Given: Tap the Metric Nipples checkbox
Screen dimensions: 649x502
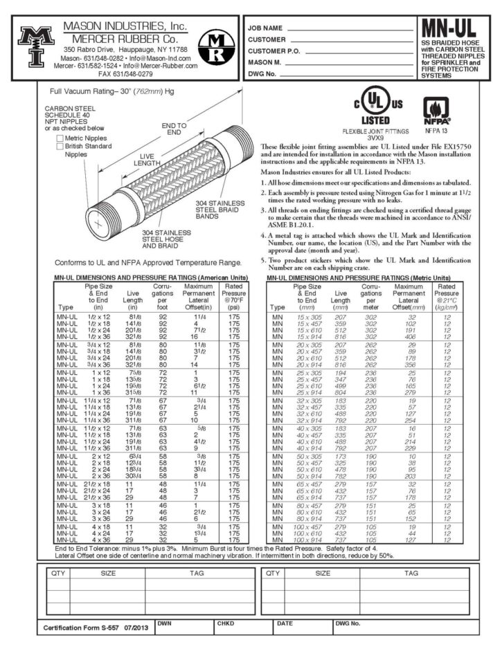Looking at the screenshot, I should coord(60,138).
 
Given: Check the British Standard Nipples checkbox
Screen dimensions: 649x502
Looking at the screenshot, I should coord(60,146).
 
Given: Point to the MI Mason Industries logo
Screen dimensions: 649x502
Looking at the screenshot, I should coord(32,46).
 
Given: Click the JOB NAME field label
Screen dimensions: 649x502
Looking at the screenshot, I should coord(265,28).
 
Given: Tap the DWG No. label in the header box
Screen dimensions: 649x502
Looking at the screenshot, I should coord(263,73).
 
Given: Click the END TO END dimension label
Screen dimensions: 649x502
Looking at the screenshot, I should coord(173,128).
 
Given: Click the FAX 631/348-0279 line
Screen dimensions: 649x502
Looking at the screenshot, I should coord(125,73).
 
